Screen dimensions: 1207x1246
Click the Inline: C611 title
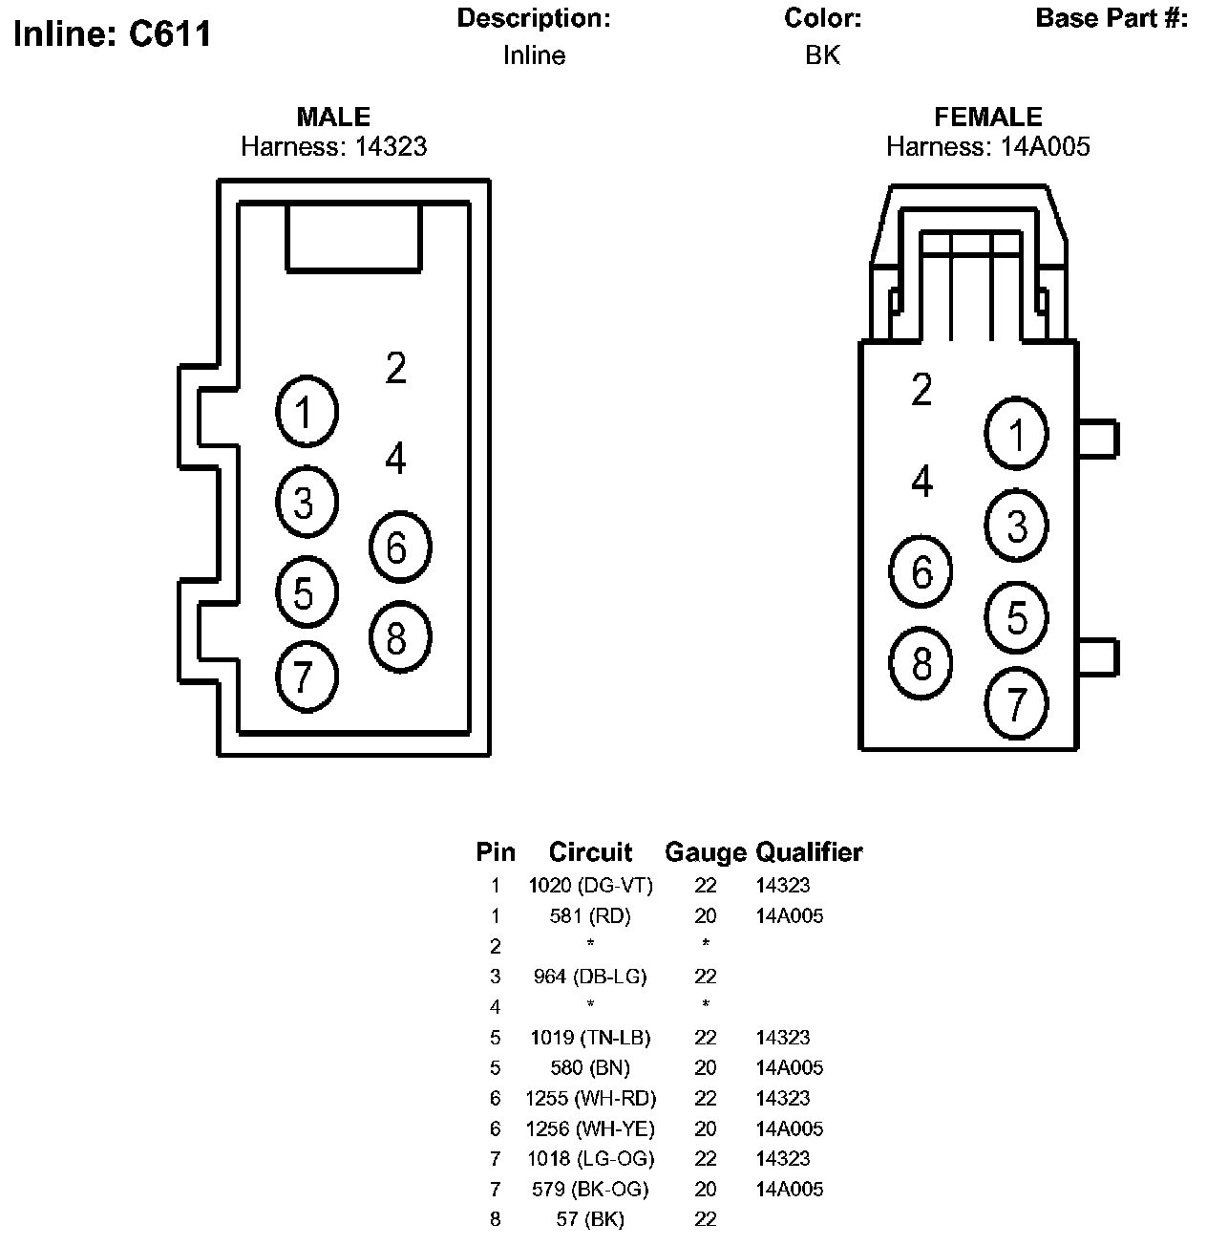coord(112,34)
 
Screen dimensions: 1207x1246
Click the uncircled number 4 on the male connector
coord(395,458)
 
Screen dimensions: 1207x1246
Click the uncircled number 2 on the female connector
coord(921,389)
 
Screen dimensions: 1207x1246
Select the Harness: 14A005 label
coord(987,146)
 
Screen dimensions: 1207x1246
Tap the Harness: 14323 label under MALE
coord(333,146)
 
